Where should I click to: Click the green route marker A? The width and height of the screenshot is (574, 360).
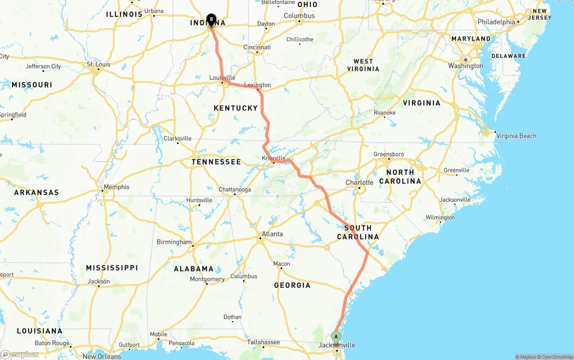click(336, 337)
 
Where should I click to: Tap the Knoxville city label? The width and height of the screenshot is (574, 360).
click(274, 158)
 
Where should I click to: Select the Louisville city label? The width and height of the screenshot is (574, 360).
click(222, 78)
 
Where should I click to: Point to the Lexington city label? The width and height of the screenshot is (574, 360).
click(257, 85)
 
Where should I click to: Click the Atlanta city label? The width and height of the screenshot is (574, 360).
click(272, 234)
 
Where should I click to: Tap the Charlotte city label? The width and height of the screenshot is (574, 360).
click(359, 182)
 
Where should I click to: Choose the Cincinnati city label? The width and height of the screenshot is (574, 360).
click(257, 47)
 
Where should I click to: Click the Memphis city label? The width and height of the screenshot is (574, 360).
click(116, 187)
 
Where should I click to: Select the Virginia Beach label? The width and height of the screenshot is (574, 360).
click(516, 136)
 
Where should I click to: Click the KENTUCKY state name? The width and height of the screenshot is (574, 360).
click(236, 108)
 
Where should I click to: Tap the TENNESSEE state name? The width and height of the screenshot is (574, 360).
click(216, 162)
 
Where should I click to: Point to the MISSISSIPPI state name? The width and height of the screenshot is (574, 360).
click(112, 268)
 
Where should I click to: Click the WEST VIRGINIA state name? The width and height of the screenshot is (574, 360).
click(363, 65)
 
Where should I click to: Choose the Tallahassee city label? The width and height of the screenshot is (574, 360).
click(264, 342)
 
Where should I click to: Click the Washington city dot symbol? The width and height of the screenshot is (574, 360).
click(466, 60)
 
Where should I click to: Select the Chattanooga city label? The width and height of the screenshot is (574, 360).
click(235, 190)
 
